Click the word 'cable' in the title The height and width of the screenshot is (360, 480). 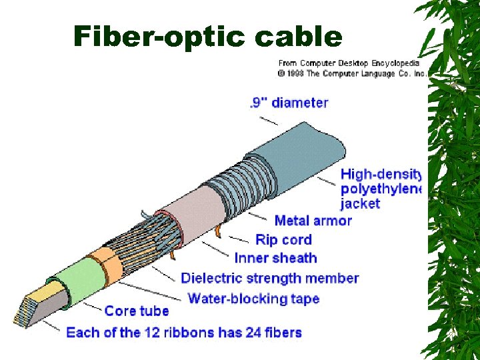(297, 36)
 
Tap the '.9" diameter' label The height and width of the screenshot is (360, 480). (289, 103)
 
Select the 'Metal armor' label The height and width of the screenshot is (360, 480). (313, 221)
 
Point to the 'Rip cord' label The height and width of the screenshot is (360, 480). (283, 239)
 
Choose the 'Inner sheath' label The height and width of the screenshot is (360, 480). (275, 258)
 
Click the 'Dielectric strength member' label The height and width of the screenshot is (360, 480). (269, 278)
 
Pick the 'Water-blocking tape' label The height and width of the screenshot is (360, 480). (253, 298)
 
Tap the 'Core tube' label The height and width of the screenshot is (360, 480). (137, 311)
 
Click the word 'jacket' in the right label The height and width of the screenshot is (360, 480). (360, 203)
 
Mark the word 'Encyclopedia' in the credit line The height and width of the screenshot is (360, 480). (395, 63)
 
